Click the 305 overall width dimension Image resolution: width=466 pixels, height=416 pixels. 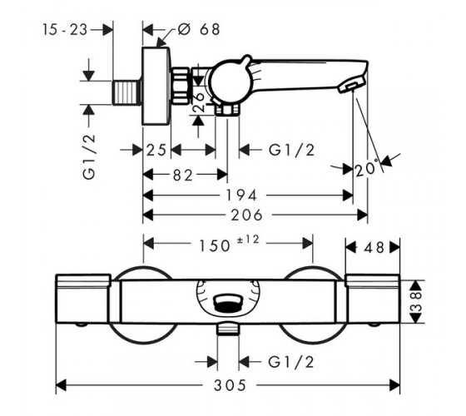[x=230, y=385]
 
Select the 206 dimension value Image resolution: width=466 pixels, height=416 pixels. [x=246, y=215]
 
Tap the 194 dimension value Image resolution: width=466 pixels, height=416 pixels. [x=241, y=196]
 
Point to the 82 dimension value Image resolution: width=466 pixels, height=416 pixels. [x=183, y=176]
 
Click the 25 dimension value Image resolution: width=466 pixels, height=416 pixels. [x=156, y=150]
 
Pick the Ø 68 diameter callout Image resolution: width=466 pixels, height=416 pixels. [x=199, y=29]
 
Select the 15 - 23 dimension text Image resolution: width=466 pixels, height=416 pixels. [x=65, y=30]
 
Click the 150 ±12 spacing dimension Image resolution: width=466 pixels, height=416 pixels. [x=229, y=244]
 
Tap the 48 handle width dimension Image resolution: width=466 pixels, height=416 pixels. [x=374, y=247]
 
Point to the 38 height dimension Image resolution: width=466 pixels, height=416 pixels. [x=417, y=301]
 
